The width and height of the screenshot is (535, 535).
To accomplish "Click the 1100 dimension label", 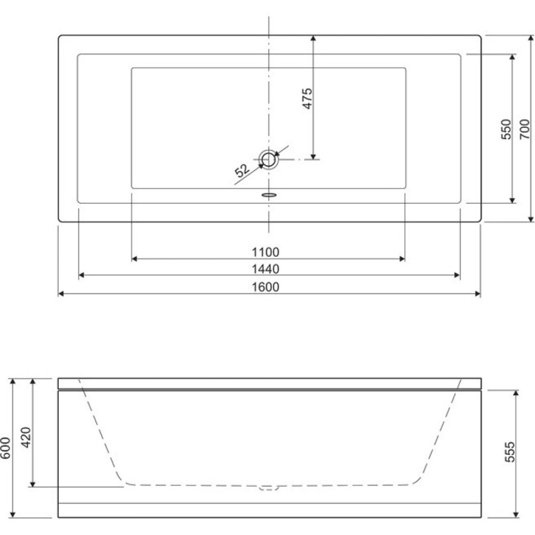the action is (x=266, y=252).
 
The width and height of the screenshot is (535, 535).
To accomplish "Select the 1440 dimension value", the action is (x=266, y=269).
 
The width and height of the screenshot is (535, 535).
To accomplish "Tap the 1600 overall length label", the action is (x=266, y=287).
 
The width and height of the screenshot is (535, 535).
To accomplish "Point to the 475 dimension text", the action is (x=307, y=99).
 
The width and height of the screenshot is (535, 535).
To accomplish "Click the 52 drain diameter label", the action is (x=243, y=170).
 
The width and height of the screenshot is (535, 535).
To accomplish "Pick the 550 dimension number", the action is (x=506, y=130).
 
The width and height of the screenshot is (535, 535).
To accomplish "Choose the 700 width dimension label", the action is (x=525, y=130).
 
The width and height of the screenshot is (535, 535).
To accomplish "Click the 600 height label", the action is (x=6, y=448).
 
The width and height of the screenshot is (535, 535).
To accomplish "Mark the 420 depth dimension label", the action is (x=26, y=438).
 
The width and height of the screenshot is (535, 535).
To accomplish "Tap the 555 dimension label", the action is (x=510, y=452).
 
